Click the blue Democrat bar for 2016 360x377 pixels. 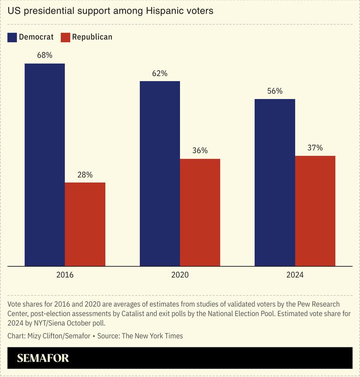coord(45,164)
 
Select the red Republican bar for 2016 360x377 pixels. coord(85,224)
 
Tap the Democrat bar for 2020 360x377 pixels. coord(160,173)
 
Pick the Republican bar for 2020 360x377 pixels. coord(200,212)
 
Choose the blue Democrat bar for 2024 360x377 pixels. coord(275,182)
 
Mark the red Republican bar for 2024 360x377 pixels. coord(315,211)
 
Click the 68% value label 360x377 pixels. coord(45,55)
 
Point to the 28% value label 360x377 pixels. coord(85,174)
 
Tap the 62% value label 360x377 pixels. coord(160,73)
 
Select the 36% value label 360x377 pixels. coord(200,150)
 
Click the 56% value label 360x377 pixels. coord(275,91)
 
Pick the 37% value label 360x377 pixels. coord(315,148)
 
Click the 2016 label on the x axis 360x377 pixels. coord(65,274)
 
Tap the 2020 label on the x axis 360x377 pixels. coord(180,274)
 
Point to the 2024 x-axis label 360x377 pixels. coord(295,274)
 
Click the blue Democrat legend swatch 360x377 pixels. coord(12,37)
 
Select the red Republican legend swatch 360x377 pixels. coord(65,37)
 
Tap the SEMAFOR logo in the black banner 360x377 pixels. coord(43,359)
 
